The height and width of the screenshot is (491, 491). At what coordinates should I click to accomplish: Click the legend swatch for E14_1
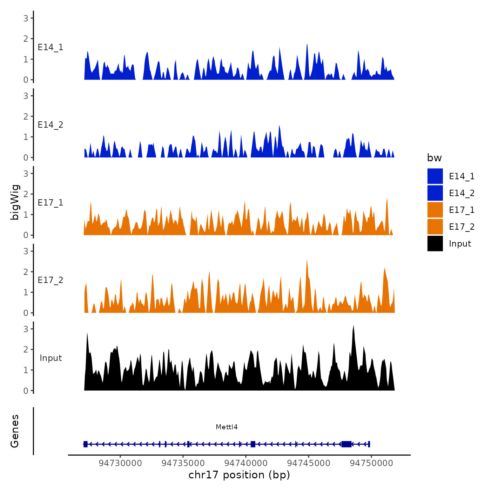(x=435, y=176)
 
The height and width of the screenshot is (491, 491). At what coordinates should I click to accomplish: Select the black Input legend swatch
(x=435, y=243)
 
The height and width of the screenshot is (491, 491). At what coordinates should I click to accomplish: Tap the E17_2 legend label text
(x=462, y=227)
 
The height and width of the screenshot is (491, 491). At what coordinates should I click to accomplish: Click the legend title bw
(x=434, y=158)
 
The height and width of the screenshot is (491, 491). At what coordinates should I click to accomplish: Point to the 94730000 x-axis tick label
(x=120, y=463)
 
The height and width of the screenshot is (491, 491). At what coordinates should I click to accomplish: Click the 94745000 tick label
(x=309, y=463)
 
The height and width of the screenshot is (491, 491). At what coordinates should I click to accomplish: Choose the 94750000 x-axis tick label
(x=371, y=463)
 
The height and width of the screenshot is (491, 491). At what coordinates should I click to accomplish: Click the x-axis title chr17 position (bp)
(x=239, y=475)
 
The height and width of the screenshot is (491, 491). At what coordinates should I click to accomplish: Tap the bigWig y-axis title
(x=15, y=202)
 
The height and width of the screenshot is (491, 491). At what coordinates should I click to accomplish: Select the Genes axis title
(x=15, y=431)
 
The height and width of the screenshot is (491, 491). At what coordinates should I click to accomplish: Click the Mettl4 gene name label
(x=227, y=427)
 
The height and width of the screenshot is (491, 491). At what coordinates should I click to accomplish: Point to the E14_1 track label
(x=51, y=47)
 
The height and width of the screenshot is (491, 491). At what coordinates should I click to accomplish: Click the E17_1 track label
(x=51, y=203)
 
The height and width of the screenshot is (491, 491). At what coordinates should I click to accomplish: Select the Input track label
(x=51, y=358)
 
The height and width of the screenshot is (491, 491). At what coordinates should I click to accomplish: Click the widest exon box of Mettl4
(x=347, y=444)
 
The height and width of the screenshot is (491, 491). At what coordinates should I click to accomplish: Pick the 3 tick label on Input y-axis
(x=26, y=329)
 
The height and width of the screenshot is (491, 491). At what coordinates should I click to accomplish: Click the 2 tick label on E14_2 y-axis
(x=26, y=116)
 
